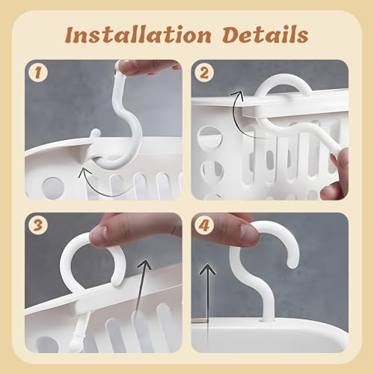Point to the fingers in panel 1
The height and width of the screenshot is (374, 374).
[150, 66]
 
